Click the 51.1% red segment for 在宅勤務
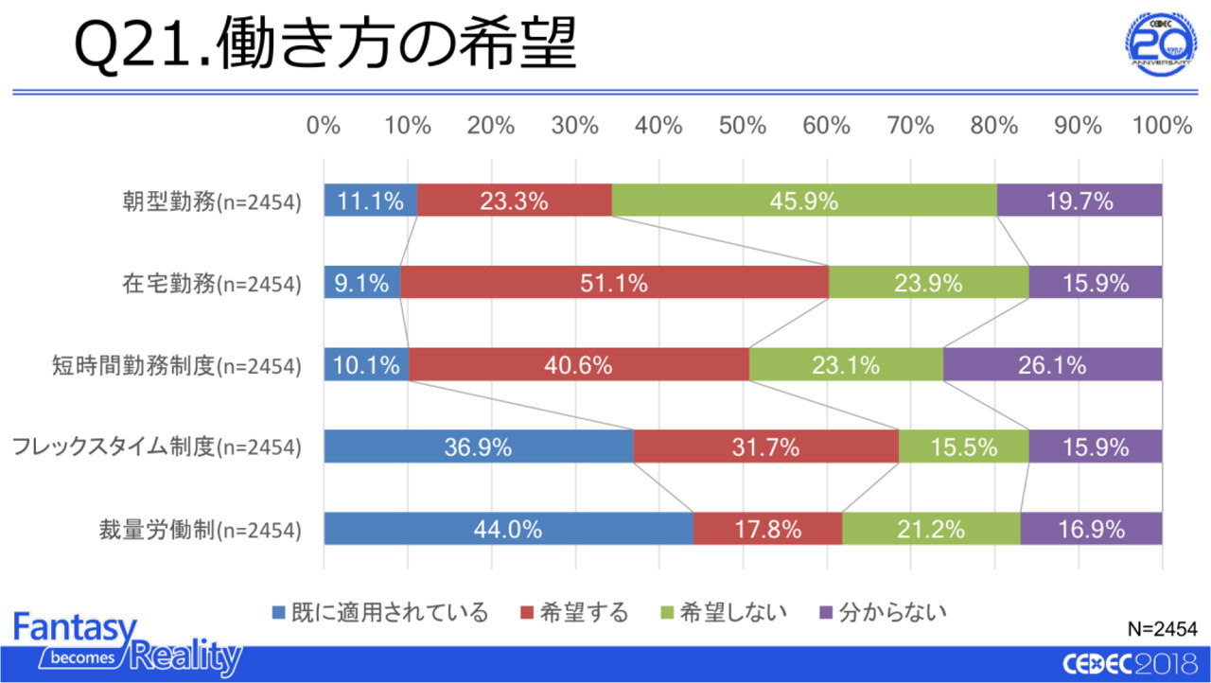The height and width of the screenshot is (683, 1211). coord(614,283)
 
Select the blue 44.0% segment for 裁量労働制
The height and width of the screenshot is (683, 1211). coord(508,529)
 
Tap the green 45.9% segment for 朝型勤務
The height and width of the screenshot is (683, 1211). coord(804,201)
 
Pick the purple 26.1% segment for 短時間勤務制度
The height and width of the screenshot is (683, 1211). coord(1052,364)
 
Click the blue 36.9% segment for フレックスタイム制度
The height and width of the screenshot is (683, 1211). coord(478,447)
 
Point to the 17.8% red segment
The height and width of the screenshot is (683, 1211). coord(767,529)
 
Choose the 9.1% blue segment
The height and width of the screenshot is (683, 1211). coord(361,283)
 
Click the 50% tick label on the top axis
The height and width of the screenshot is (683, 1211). coord(743,126)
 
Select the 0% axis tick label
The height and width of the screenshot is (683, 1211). coord(324,126)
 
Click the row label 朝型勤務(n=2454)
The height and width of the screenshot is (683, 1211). coord(211,201)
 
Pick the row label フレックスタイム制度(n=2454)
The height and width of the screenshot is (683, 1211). coord(157,447)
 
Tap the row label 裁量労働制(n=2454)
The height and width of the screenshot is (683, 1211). coord(200,530)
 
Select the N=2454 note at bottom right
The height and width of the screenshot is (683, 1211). coord(1163,629)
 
